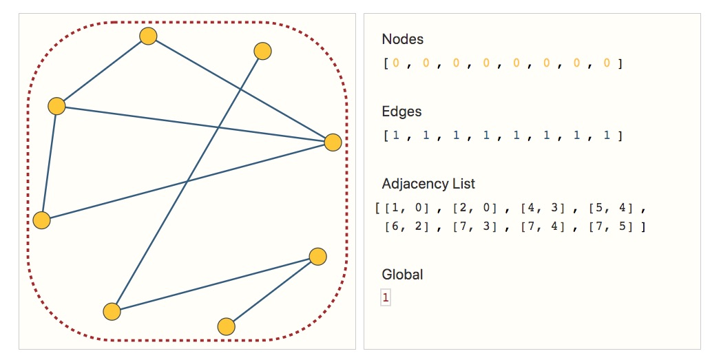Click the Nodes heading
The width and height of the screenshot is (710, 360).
[403, 39]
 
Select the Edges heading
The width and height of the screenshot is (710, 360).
[401, 112]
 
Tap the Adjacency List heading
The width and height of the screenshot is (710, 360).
[428, 184]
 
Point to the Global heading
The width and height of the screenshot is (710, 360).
[402, 275]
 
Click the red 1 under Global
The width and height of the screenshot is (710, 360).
[386, 298]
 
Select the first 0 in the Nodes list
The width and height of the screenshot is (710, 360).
[396, 63]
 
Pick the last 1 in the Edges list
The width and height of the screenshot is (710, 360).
[607, 136]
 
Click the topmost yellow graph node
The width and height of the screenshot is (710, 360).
[148, 36]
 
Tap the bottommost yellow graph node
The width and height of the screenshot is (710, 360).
[226, 326]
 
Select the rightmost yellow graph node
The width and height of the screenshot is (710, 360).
[333, 142]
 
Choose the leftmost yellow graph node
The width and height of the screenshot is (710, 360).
[42, 220]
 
